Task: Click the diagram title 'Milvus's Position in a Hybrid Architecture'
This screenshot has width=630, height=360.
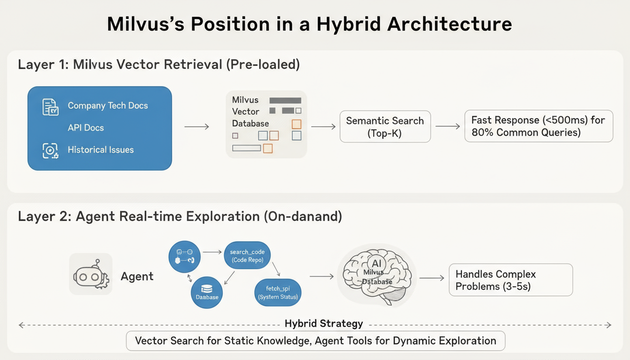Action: [x=310, y=24]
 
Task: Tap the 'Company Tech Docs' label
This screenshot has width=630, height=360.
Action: [x=108, y=106]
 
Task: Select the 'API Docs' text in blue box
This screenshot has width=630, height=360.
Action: [x=86, y=128]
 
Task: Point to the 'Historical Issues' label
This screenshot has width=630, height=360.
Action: [x=100, y=150]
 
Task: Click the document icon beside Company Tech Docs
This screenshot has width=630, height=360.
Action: [x=50, y=106]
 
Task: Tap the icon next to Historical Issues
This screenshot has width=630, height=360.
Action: [x=50, y=151]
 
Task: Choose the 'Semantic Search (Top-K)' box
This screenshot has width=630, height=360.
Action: [x=385, y=127]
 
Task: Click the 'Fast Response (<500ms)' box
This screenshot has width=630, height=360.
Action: [x=538, y=126]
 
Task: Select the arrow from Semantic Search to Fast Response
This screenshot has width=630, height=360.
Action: [x=447, y=127]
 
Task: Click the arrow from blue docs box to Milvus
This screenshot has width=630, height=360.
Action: [x=196, y=127]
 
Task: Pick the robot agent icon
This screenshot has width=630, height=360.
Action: [x=91, y=274]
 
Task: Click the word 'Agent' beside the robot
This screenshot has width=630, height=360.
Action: [x=137, y=276]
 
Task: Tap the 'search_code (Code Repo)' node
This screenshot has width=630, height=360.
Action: [x=247, y=256]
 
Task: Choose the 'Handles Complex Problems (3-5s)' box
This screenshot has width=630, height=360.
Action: [x=510, y=280]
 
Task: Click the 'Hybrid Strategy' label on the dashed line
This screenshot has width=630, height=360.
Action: [x=324, y=324]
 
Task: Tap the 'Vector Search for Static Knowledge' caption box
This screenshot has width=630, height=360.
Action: [x=315, y=341]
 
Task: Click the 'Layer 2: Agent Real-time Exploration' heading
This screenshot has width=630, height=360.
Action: [x=180, y=217]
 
